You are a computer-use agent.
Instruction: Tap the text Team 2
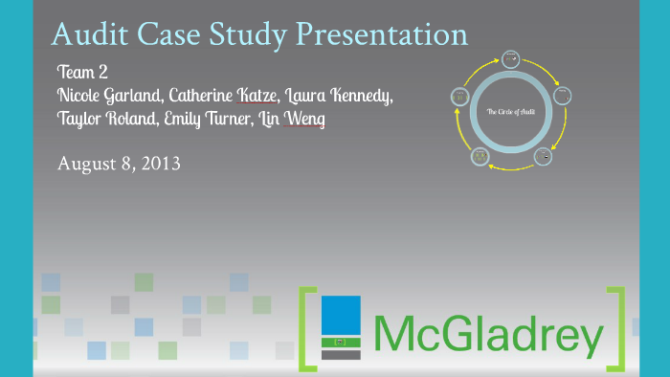click(82, 73)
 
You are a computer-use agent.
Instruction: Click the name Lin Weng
click(300, 120)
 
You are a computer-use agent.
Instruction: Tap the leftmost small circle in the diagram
click(460, 96)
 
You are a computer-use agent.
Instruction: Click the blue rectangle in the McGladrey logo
click(341, 315)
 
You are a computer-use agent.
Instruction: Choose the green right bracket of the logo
click(618, 328)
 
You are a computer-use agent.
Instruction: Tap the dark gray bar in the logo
click(341, 355)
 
